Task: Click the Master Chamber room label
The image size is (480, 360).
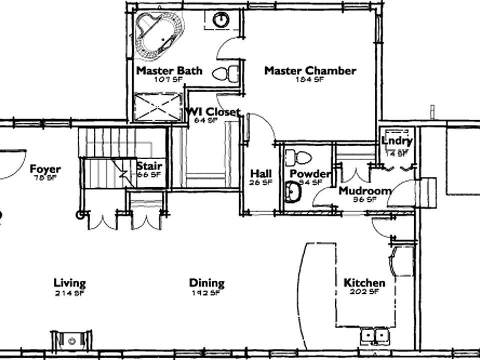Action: click(x=310, y=70)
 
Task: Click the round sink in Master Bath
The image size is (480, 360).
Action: click(x=220, y=20)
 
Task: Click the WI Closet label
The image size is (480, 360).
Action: click(x=213, y=111)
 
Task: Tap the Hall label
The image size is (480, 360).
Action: click(x=261, y=174)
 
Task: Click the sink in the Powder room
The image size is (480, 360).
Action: click(x=292, y=192)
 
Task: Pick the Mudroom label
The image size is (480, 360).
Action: click(x=364, y=190)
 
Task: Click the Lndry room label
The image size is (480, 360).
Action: click(x=397, y=141)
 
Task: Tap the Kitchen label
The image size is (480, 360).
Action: click(x=364, y=283)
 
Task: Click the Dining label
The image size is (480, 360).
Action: click(x=206, y=283)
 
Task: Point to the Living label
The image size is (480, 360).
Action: click(x=69, y=283)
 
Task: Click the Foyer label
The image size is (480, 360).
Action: click(x=45, y=168)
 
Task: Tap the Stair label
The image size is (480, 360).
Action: click(x=149, y=166)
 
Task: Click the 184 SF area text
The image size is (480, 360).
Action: click(x=310, y=79)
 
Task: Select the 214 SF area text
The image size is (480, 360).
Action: click(x=69, y=293)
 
